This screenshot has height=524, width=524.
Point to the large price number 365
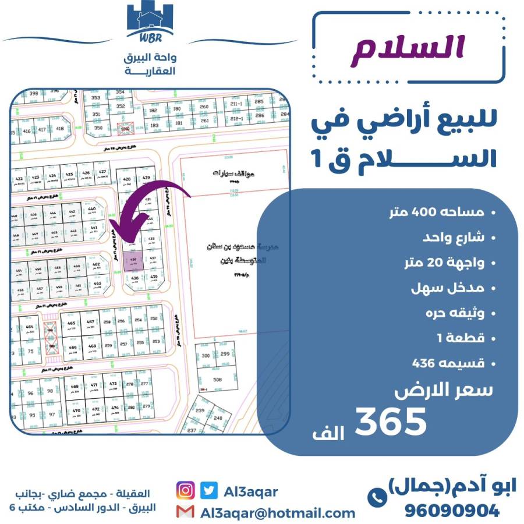click(391, 422)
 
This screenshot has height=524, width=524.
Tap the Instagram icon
click(186, 491)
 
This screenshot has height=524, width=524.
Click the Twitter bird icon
click(209, 491)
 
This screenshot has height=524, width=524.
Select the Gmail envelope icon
click(185, 512)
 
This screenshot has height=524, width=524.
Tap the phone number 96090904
click(452, 511)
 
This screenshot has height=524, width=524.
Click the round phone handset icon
click(377, 497)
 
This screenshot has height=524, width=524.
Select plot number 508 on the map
click(217, 380)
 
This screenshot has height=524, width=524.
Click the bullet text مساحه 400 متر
click(444, 213)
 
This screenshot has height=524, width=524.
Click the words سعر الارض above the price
click(443, 391)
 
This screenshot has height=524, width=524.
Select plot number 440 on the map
click(91, 210)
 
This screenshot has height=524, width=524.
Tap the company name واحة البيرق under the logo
click(150, 59)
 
